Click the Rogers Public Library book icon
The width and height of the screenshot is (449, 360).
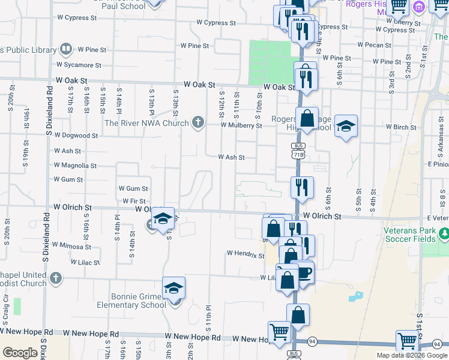[x=67, y=49]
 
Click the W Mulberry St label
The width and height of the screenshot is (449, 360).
[x=241, y=126]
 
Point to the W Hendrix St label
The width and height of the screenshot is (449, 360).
[x=246, y=254]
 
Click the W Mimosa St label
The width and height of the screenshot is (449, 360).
[x=71, y=245]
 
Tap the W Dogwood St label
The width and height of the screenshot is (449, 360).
[x=76, y=136]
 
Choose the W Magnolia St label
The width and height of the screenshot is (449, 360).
[x=75, y=166]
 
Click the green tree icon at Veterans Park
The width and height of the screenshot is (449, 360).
[x=444, y=233]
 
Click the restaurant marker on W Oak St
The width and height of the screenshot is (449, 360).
[x=306, y=78]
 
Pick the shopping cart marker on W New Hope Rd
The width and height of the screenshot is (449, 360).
[x=279, y=332]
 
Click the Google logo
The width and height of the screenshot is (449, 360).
[x=20, y=353]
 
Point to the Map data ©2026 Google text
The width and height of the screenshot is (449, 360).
[x=412, y=355]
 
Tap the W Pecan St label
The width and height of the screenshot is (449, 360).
[x=373, y=45]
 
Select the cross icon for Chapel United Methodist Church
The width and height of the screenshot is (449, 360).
[x=55, y=278]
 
